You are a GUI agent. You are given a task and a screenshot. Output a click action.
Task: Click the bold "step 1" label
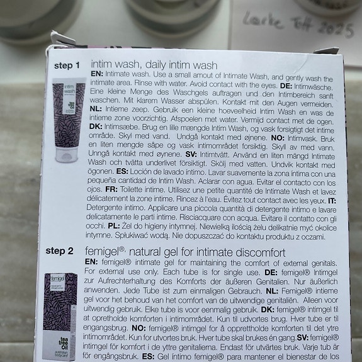tap(67, 65)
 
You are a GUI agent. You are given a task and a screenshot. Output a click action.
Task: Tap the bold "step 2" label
tap(63, 251)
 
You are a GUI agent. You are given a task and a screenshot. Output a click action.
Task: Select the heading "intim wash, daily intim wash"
tap(154, 65)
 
